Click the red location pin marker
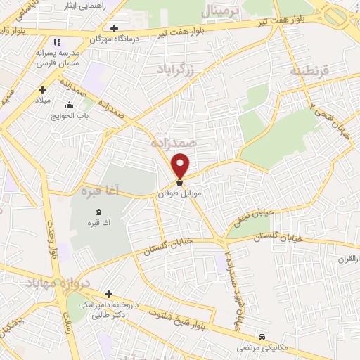(181, 165)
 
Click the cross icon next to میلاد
(44, 89)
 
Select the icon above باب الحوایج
(68, 106)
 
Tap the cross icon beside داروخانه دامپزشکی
(108, 294)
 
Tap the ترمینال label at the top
(220, 11)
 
